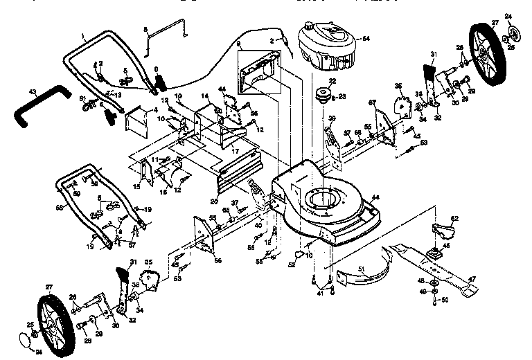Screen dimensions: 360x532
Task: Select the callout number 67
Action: [x=372, y=102]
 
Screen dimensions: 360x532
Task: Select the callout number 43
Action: [x=33, y=91]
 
